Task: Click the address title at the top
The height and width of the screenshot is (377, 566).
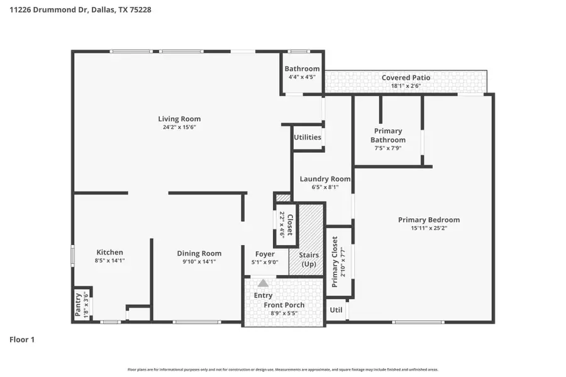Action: [80, 10]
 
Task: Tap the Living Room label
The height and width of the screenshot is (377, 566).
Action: [179, 119]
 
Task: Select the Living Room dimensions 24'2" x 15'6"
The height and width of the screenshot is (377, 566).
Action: [179, 128]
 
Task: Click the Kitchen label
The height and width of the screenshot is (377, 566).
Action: [109, 253]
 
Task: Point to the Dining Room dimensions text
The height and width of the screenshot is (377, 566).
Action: [199, 261]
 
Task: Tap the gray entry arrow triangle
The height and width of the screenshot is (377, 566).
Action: [263, 283]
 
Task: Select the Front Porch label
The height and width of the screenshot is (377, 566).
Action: [284, 305]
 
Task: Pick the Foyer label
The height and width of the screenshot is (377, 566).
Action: [264, 254]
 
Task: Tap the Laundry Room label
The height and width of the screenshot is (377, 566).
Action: [325, 178]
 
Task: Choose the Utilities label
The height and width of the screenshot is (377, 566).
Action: [308, 137]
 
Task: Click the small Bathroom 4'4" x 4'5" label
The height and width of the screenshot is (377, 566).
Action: [302, 69]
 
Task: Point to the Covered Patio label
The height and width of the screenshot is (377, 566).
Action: [406, 78]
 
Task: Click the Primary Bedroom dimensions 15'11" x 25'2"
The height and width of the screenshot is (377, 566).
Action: [428, 228]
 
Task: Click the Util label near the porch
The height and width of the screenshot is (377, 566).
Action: [336, 310]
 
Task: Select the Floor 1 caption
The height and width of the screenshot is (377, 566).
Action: [22, 339]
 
